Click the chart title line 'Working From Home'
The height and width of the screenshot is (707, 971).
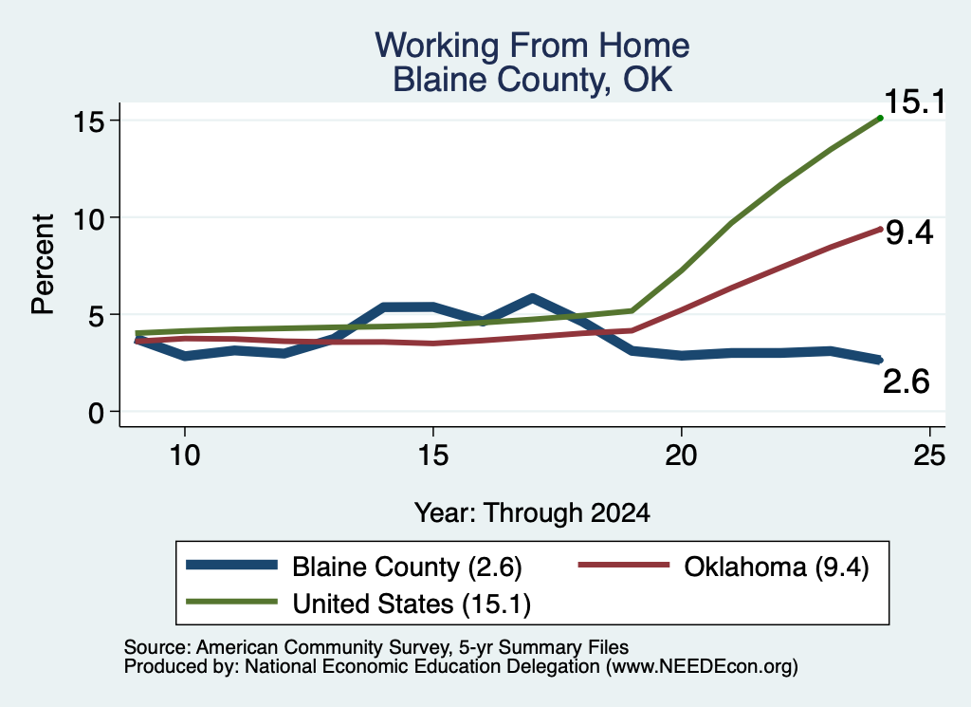(532, 46)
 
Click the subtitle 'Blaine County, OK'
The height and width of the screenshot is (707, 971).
(533, 80)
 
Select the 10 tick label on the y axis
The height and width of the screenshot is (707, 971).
(88, 218)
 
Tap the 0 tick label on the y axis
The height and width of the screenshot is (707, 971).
(96, 413)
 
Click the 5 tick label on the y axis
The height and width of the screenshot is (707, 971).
(96, 315)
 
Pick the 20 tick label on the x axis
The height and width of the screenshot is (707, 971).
(681, 456)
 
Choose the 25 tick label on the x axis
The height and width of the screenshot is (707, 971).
(929, 456)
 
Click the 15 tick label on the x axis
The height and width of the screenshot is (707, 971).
(432, 456)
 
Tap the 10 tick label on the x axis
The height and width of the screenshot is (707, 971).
(185, 456)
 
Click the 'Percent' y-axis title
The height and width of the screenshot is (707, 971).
(44, 265)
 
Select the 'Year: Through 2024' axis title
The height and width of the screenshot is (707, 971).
(532, 513)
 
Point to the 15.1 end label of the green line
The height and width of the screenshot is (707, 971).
(915, 101)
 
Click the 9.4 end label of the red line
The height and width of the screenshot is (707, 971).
(908, 233)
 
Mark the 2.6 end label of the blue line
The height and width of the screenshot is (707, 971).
(906, 381)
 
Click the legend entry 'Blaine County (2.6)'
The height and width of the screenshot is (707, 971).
(355, 567)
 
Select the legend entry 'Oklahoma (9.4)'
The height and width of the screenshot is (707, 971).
(724, 567)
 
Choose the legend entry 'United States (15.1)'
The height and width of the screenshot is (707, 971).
(358, 604)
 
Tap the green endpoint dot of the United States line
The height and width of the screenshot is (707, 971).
(880, 118)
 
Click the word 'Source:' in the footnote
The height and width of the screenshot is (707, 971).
(157, 647)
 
